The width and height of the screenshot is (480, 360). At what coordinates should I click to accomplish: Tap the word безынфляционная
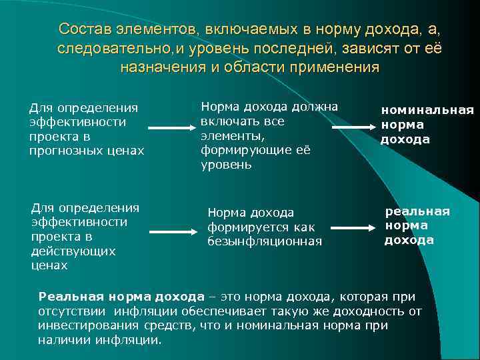[265, 241]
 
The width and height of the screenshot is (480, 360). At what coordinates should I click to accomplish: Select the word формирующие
[239, 150]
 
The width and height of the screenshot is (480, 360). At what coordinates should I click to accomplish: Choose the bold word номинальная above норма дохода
[427, 111]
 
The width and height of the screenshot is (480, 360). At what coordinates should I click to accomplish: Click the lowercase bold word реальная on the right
[418, 211]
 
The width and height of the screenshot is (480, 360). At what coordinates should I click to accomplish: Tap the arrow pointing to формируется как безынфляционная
[172, 231]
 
